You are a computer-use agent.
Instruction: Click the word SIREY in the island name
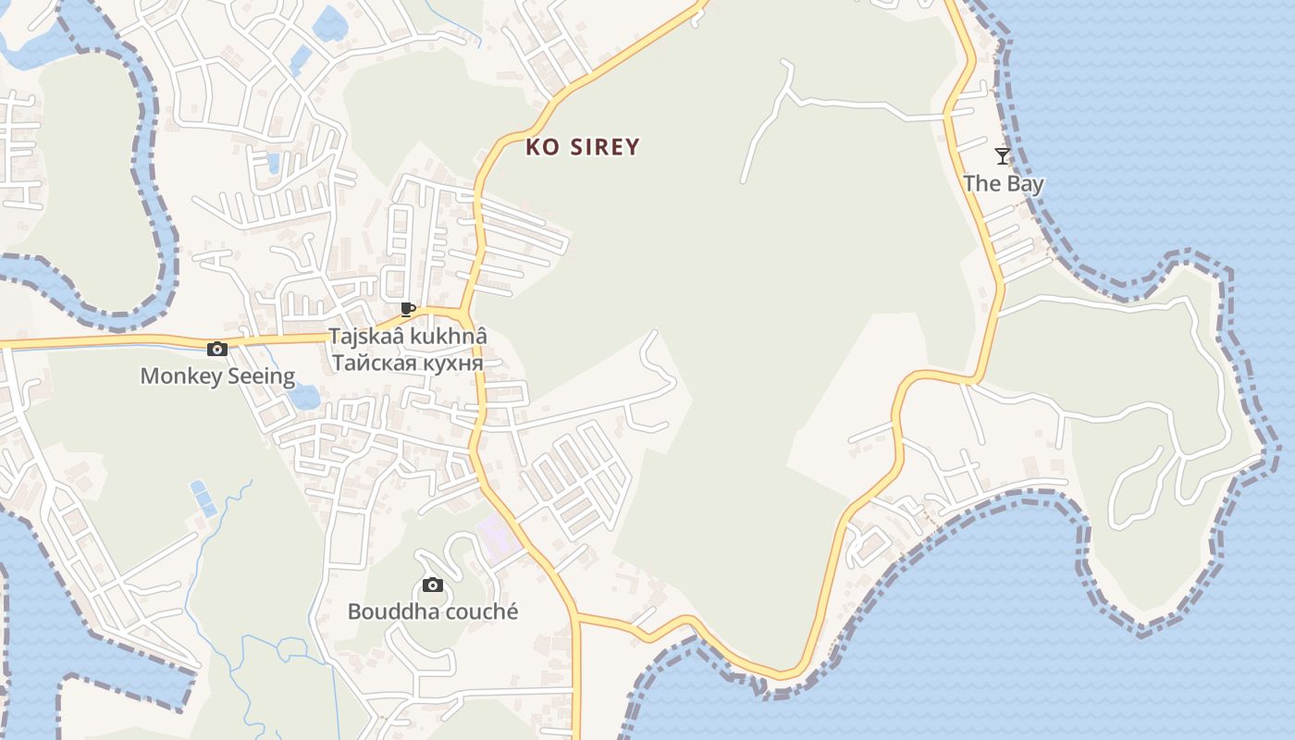[603, 147]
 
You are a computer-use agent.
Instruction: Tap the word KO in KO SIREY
[543, 147]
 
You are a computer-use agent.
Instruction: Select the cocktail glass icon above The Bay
[1002, 155]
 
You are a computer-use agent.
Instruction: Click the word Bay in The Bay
[1025, 183]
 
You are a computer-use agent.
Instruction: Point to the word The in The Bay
[982, 183]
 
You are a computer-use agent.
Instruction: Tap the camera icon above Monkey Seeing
[217, 349]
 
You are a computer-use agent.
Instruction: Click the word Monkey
[179, 376]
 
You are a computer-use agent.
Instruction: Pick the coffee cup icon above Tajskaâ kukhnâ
[408, 309]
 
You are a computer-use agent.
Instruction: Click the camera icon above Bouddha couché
[432, 585]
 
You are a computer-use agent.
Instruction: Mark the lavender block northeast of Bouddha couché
[498, 537]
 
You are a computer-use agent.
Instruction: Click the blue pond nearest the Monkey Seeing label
[303, 397]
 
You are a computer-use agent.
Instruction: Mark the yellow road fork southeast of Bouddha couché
[577, 616]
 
